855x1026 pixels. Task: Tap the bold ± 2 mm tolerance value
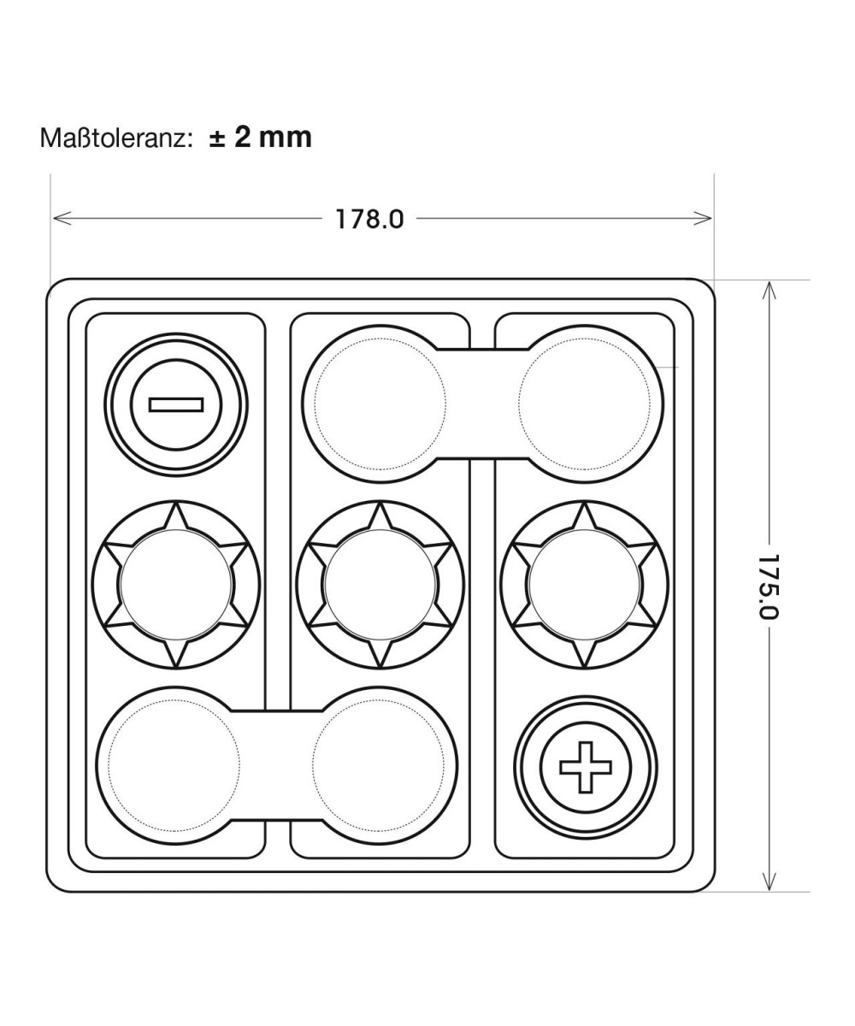click(x=260, y=137)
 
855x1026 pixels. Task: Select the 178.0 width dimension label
click(x=369, y=219)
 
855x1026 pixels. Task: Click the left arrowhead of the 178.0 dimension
click(x=62, y=218)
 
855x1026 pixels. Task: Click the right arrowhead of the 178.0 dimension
click(x=702, y=218)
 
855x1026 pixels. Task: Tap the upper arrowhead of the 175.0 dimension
click(x=769, y=291)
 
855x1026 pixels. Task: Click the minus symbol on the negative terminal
click(x=176, y=404)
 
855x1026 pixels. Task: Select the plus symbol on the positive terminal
click(x=585, y=767)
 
